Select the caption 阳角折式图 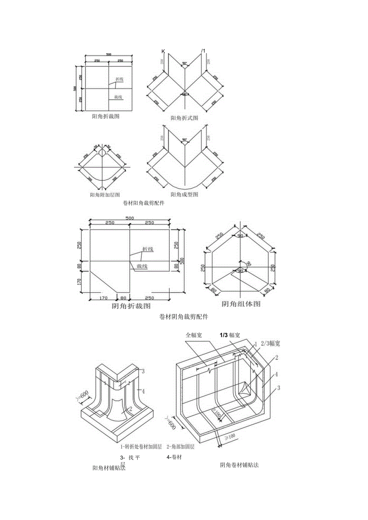(184, 118)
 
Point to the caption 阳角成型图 (184, 195)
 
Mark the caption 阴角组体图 (241, 304)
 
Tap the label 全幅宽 (194, 335)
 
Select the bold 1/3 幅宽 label (230, 335)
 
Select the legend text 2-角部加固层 (180, 446)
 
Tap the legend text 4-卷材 (174, 457)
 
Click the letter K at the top (163, 51)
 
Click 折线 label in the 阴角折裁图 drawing (148, 249)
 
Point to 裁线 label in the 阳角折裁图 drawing (118, 97)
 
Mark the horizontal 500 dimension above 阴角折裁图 (130, 218)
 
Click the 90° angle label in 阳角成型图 (184, 140)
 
